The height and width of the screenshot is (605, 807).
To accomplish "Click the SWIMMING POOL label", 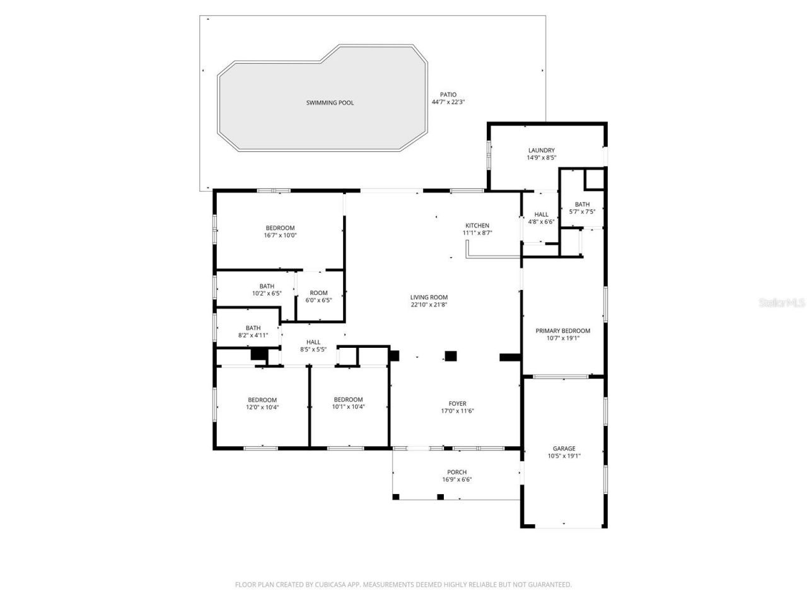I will [330, 103].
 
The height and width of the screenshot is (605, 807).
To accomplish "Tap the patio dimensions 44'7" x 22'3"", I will [448, 102].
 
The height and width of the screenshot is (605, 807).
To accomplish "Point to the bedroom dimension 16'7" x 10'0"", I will [280, 235].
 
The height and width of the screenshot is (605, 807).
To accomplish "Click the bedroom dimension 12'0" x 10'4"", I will [262, 407].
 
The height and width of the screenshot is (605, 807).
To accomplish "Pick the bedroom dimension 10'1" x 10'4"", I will [348, 407].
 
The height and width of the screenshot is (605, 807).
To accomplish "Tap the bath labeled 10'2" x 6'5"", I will [267, 294].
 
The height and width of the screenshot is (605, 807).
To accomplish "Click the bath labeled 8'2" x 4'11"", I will [253, 335].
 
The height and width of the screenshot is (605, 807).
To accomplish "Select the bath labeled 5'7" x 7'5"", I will [582, 212].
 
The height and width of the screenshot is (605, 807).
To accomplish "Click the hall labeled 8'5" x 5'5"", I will [313, 349].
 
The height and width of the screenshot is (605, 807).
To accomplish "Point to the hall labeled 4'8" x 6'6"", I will [541, 222].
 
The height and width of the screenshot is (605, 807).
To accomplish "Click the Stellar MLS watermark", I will [782, 303].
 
